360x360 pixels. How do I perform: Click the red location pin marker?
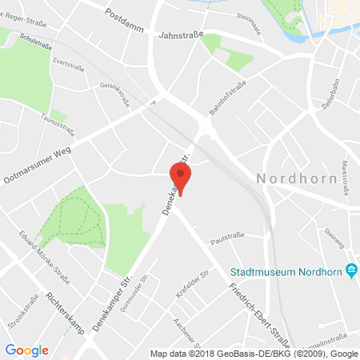tap(181, 178)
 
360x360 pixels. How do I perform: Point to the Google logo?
tap(26, 350)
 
